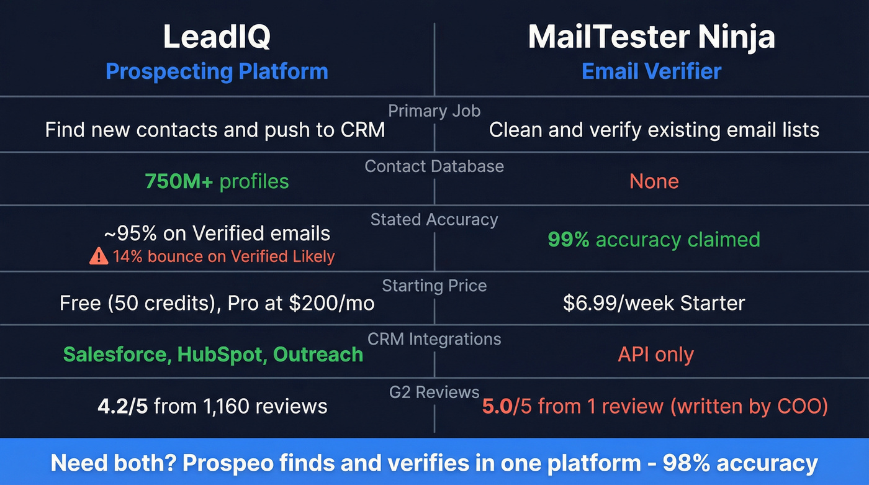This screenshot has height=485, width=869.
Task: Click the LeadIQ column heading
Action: click(x=217, y=37)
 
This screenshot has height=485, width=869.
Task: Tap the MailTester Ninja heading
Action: click(x=651, y=37)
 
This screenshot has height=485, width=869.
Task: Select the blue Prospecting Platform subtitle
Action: click(x=217, y=71)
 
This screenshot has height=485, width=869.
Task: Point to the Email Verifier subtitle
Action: click(x=651, y=71)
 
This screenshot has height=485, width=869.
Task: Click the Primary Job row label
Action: click(x=434, y=111)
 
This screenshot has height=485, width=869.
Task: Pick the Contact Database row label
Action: click(x=434, y=166)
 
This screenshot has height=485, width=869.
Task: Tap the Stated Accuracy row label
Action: click(x=434, y=220)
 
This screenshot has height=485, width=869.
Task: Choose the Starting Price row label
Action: click(x=434, y=286)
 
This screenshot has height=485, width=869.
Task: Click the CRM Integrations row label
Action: click(x=434, y=339)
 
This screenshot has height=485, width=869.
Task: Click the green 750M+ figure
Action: click(x=179, y=181)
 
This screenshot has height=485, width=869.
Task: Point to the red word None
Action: click(x=654, y=181)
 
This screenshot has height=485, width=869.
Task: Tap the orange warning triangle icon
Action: click(x=99, y=256)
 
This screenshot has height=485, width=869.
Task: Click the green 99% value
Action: click(x=568, y=239)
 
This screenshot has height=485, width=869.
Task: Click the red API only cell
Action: click(x=655, y=355)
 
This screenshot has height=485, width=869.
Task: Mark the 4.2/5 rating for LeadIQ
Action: click(x=123, y=406)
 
